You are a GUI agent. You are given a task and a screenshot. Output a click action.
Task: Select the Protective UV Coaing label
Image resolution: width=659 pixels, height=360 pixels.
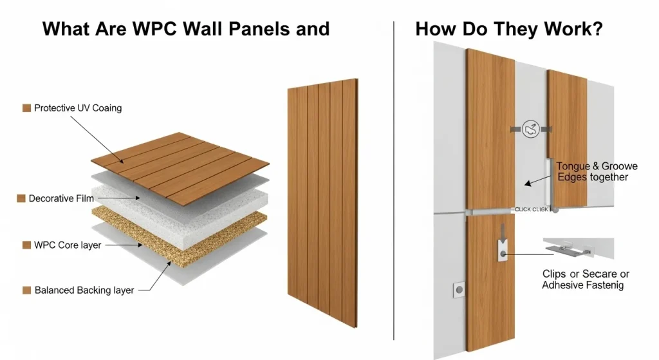coord(77,108)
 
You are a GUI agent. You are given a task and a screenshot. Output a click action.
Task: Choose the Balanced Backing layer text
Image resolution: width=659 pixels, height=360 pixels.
coord(84,290)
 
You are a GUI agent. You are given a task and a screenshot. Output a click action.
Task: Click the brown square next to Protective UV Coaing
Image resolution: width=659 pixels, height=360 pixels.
coord(26,108)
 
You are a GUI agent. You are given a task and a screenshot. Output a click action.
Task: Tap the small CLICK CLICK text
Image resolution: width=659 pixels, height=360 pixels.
coord(531,209)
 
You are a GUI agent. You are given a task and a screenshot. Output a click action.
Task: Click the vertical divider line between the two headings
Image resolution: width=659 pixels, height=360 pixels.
coord(393,180)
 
